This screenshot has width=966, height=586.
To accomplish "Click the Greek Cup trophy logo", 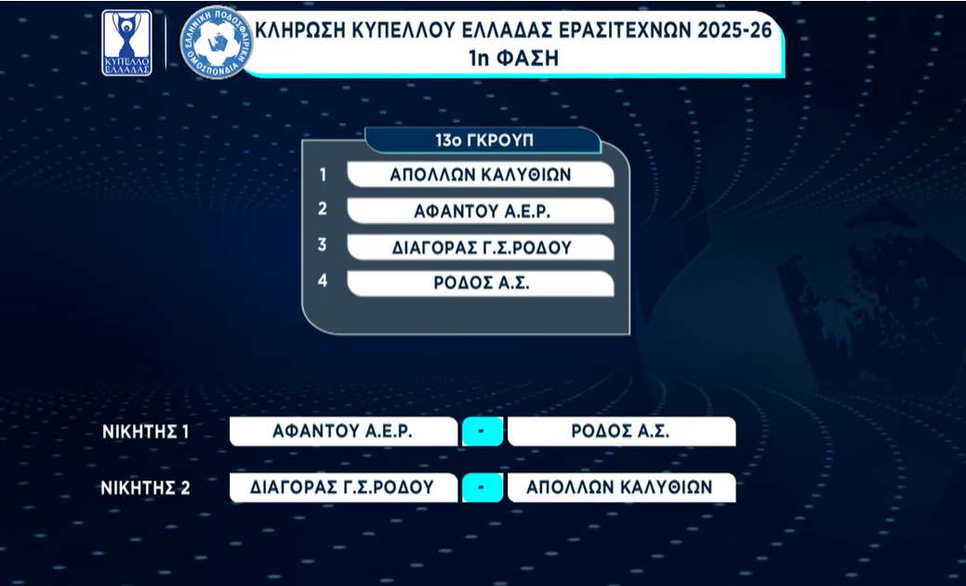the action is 126,43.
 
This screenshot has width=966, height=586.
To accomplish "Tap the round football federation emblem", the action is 217,42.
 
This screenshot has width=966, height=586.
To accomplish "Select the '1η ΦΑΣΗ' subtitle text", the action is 513,59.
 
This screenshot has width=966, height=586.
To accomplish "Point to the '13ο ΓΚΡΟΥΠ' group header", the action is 484,140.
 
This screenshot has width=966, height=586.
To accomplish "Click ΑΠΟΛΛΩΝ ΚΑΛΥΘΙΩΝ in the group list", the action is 481,175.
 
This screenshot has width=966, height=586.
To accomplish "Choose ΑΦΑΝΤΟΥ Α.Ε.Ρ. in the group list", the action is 482,211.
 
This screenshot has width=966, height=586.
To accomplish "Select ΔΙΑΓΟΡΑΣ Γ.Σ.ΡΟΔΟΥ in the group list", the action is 482,247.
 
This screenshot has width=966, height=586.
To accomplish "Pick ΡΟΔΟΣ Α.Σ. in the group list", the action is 482,284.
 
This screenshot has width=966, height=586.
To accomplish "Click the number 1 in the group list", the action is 323,175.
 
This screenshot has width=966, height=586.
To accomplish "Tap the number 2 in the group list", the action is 323,209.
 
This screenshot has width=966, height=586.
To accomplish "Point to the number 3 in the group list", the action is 323,245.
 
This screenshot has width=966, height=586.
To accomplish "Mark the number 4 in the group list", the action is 323,281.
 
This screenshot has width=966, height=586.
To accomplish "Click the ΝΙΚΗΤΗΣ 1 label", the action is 145,432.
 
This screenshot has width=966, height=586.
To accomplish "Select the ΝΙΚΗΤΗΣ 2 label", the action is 145,488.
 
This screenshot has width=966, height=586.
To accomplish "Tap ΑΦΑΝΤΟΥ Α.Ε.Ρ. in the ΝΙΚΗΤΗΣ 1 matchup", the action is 342,432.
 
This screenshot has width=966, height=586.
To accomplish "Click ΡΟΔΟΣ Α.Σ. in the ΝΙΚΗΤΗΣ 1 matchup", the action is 620,432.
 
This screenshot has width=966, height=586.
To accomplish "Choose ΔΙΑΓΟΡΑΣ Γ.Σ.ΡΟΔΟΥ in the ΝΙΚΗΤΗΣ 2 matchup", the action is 342,487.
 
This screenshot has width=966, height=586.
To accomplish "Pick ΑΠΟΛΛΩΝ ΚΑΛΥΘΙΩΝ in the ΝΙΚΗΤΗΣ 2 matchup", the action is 619,487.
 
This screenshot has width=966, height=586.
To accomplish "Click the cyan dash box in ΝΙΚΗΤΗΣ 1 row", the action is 483,432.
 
